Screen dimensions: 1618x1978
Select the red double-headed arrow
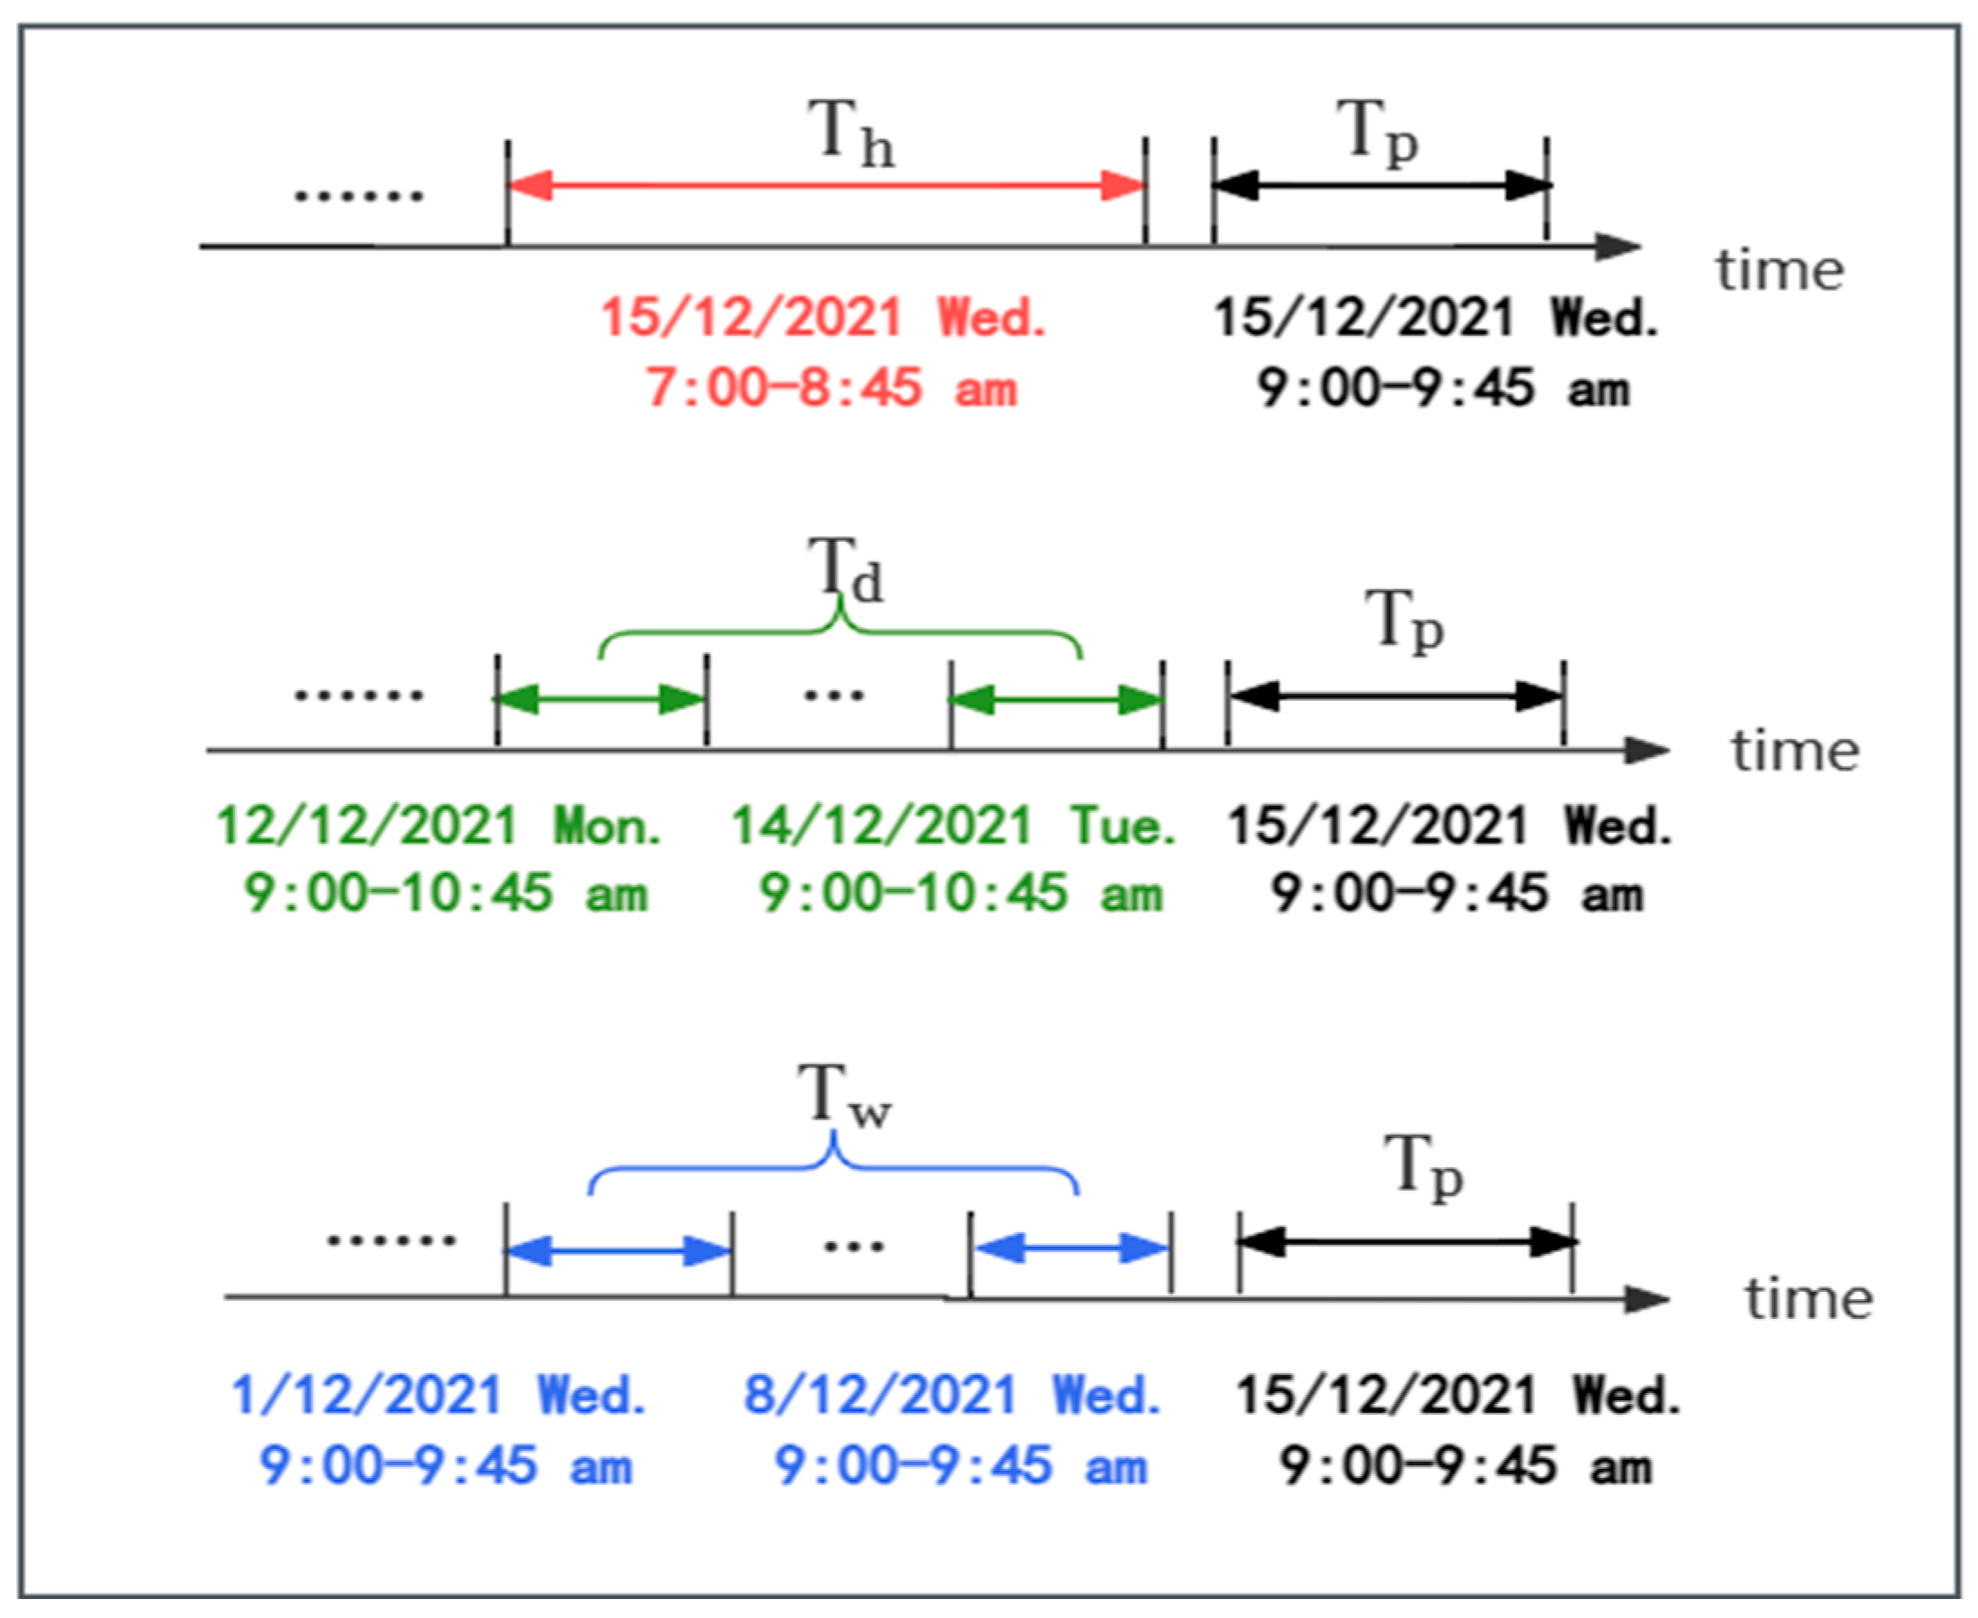point(826,185)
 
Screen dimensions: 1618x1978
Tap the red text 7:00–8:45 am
point(830,388)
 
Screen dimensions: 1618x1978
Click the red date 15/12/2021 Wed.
point(822,318)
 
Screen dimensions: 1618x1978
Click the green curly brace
point(839,631)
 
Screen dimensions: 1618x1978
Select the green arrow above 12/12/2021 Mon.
point(600,699)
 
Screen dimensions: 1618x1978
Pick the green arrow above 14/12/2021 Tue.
point(1056,700)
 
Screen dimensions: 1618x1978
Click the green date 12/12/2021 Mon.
point(438,826)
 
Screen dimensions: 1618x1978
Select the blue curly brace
point(833,1167)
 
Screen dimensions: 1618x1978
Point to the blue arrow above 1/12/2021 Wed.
point(619,1251)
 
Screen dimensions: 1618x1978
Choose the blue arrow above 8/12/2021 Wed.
point(1070,1249)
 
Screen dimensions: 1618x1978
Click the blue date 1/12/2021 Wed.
point(438,1396)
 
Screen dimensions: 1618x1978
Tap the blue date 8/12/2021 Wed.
point(952,1396)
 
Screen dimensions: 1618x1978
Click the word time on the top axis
point(1779,271)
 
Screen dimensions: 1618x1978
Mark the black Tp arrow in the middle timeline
point(1395,697)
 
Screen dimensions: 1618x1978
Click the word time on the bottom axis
point(1808,1299)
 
